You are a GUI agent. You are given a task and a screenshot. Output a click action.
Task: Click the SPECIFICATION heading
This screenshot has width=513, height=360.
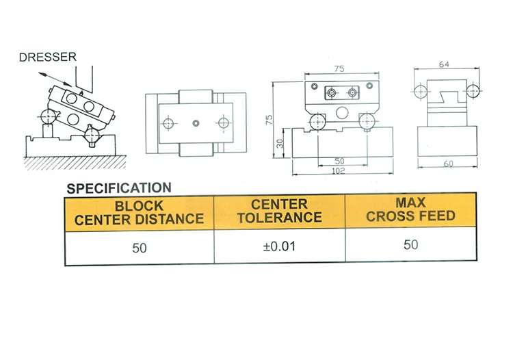118,187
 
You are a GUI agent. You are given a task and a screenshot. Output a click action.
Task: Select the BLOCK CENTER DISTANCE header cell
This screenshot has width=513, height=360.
139,212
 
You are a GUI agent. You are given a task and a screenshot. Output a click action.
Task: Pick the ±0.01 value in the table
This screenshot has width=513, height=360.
279,246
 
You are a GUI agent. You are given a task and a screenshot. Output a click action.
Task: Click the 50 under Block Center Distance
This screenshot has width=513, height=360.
139,247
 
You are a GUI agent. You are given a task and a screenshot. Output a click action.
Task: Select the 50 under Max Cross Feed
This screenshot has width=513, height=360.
410,244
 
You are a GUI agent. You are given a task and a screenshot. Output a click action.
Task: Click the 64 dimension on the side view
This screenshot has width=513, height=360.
444,65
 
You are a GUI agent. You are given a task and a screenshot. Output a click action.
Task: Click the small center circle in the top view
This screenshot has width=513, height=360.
196,123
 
